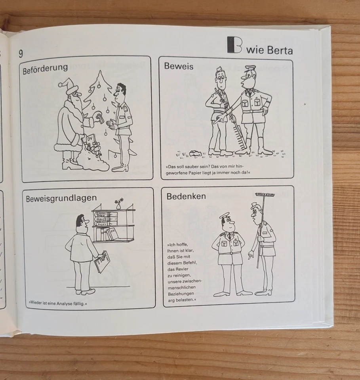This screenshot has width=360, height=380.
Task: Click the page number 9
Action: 21,53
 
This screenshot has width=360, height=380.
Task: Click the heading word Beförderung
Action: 45,68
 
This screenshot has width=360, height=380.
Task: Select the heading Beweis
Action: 179,66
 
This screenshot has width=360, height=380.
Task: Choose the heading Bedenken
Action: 186,196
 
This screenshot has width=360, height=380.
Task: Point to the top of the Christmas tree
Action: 100,74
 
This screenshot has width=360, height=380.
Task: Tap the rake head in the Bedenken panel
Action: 265,195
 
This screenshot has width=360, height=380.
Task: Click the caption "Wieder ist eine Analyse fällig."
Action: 57,304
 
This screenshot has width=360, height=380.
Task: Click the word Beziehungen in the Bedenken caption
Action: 181,294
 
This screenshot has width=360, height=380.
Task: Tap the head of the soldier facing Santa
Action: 120,92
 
